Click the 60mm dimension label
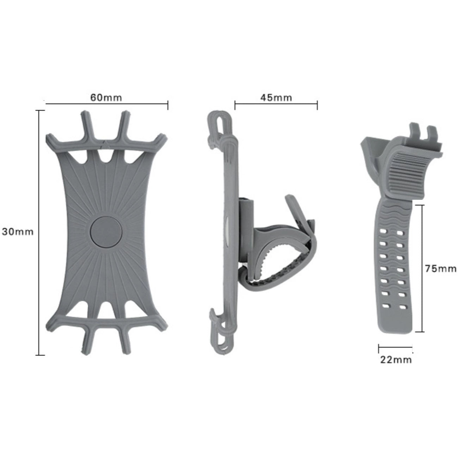coord(106,97)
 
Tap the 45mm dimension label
coord(276,97)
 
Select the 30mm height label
coord(17,231)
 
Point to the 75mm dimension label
coord(440,268)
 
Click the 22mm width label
coord(396,360)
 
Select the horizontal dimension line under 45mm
coord(276,104)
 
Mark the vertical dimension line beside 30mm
coord(39,233)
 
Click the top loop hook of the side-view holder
coord(218,123)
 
